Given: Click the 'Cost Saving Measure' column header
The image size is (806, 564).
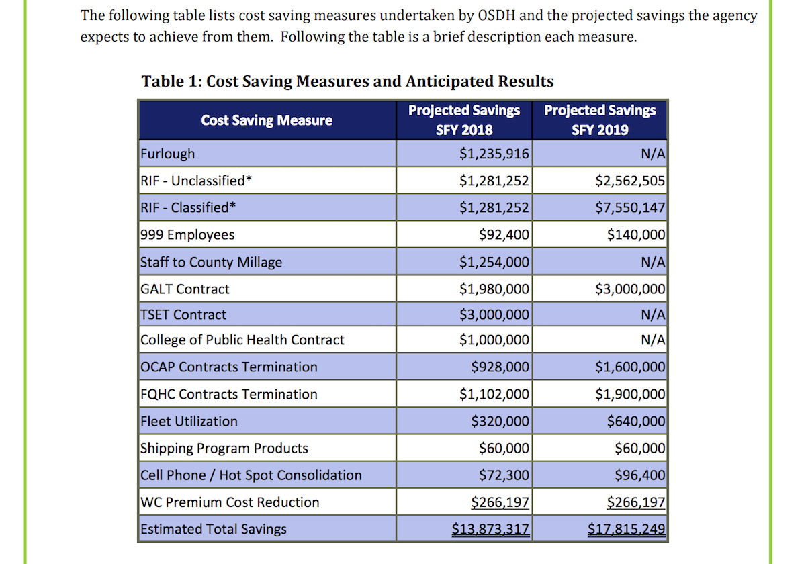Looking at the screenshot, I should pyautogui.click(x=267, y=120).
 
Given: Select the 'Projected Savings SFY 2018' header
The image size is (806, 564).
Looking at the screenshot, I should pyautogui.click(x=464, y=120).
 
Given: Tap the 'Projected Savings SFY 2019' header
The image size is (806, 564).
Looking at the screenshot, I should pyautogui.click(x=600, y=120).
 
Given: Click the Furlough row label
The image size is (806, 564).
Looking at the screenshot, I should pyautogui.click(x=168, y=154).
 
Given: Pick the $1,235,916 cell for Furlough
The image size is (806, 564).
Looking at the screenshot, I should pyautogui.click(x=494, y=154).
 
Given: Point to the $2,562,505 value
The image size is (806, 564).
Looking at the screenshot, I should pyautogui.click(x=630, y=181).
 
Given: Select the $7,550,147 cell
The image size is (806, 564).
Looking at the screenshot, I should pyautogui.click(x=630, y=207).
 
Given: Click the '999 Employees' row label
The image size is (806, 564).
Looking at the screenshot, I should pyautogui.click(x=187, y=235).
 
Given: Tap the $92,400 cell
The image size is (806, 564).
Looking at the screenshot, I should pyautogui.click(x=504, y=235).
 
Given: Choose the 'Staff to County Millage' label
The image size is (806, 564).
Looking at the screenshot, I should pyautogui.click(x=211, y=262).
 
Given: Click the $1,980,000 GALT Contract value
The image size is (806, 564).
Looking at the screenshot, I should pyautogui.click(x=494, y=289).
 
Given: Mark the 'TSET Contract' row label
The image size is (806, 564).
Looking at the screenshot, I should pyautogui.click(x=183, y=314).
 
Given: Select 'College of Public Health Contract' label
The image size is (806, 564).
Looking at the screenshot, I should pyautogui.click(x=242, y=340).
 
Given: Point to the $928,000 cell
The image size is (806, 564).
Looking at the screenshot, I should pyautogui.click(x=500, y=367).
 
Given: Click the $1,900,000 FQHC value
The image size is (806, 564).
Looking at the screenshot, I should pyautogui.click(x=630, y=394).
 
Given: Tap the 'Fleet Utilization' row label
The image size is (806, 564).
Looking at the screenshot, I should pyautogui.click(x=189, y=422).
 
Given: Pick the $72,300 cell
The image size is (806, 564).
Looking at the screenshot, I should pyautogui.click(x=504, y=475).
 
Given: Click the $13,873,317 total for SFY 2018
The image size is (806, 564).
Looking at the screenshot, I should pyautogui.click(x=490, y=529).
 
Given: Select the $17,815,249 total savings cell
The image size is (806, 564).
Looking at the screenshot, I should pyautogui.click(x=626, y=529).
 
